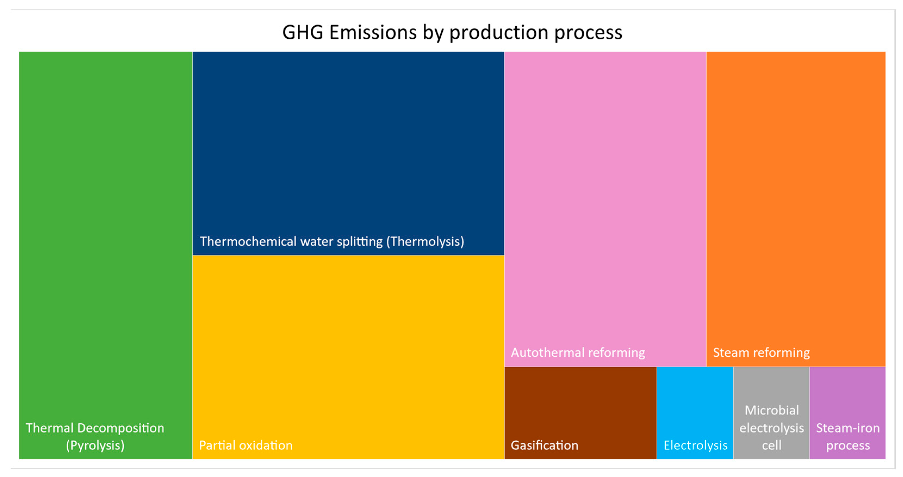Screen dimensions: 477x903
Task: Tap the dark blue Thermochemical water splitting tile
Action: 348,140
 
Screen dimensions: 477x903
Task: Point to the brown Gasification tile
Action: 580,404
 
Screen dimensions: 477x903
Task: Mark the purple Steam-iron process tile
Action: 848,393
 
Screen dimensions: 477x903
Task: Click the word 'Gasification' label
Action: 544,445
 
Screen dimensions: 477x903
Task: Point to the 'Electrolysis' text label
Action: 696,445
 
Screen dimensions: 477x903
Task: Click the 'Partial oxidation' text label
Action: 246,445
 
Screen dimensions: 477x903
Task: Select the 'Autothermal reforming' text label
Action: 578,352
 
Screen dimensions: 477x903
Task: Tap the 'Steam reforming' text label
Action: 761,352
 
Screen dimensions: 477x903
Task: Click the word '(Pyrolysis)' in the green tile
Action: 95,445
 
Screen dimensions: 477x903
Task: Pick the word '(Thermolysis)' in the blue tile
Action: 425,241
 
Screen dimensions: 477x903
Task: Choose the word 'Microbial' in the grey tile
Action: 771,410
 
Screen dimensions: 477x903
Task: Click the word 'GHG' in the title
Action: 303,32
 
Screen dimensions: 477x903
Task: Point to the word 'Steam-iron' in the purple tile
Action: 848,428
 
